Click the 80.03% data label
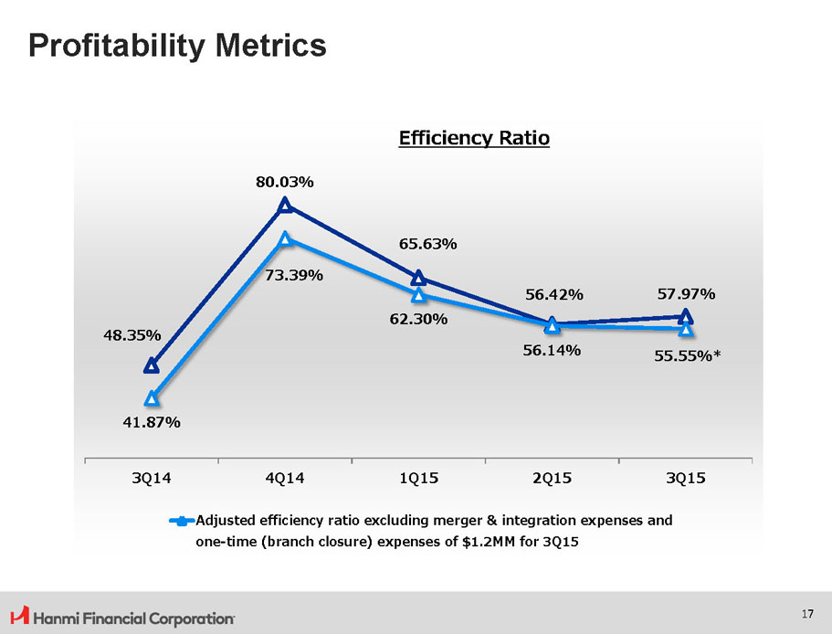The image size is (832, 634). tap(285, 182)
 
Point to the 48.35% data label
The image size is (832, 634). tap(132, 335)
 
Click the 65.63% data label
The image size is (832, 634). tap(427, 244)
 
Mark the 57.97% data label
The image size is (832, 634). tap(686, 294)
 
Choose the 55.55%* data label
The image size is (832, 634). tap(687, 356)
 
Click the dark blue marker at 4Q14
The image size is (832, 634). tap(285, 204)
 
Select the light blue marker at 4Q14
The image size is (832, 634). tap(286, 238)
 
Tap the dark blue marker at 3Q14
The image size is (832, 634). tap(152, 365)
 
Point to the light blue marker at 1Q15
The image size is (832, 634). tap(418, 295)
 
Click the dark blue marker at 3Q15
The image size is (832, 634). tap(686, 317)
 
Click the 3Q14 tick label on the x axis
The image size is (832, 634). tap(152, 479)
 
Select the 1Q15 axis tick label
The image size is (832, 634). tap(418, 479)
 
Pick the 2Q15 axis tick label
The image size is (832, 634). tap(552, 479)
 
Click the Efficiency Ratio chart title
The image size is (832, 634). tap(474, 139)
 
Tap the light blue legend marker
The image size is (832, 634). tap(182, 522)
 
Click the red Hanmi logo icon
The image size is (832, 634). tap(19, 618)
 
